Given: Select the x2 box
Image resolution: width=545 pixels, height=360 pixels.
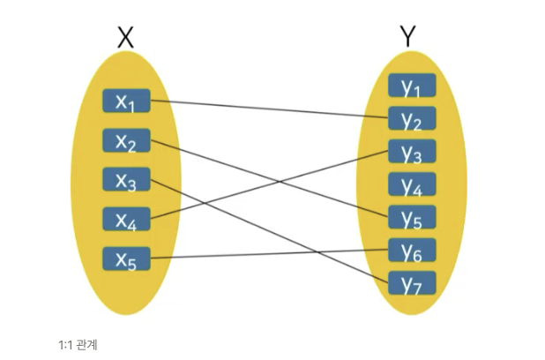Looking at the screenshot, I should click(x=126, y=140).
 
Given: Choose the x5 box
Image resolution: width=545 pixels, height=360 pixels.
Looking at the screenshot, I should click(x=126, y=259).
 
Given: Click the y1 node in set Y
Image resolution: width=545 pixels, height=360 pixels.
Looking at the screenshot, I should click(x=412, y=86).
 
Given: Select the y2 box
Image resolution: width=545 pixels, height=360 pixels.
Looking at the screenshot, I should click(x=412, y=119).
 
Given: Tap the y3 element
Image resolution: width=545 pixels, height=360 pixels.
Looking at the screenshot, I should click(x=412, y=152).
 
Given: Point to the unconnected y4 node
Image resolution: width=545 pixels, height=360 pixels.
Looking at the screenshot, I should click(x=412, y=184).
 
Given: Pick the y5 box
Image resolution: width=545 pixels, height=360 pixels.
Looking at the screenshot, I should click(x=412, y=217).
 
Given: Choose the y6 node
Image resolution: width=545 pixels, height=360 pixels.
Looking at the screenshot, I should click(x=412, y=251).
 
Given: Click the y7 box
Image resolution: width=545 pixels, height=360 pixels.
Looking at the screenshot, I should click(x=412, y=283).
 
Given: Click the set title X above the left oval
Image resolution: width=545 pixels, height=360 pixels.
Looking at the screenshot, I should click(x=126, y=36).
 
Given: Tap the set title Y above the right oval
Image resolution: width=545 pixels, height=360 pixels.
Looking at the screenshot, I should click(x=407, y=36).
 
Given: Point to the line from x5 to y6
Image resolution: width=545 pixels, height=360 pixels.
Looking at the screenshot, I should click(x=265, y=255).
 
